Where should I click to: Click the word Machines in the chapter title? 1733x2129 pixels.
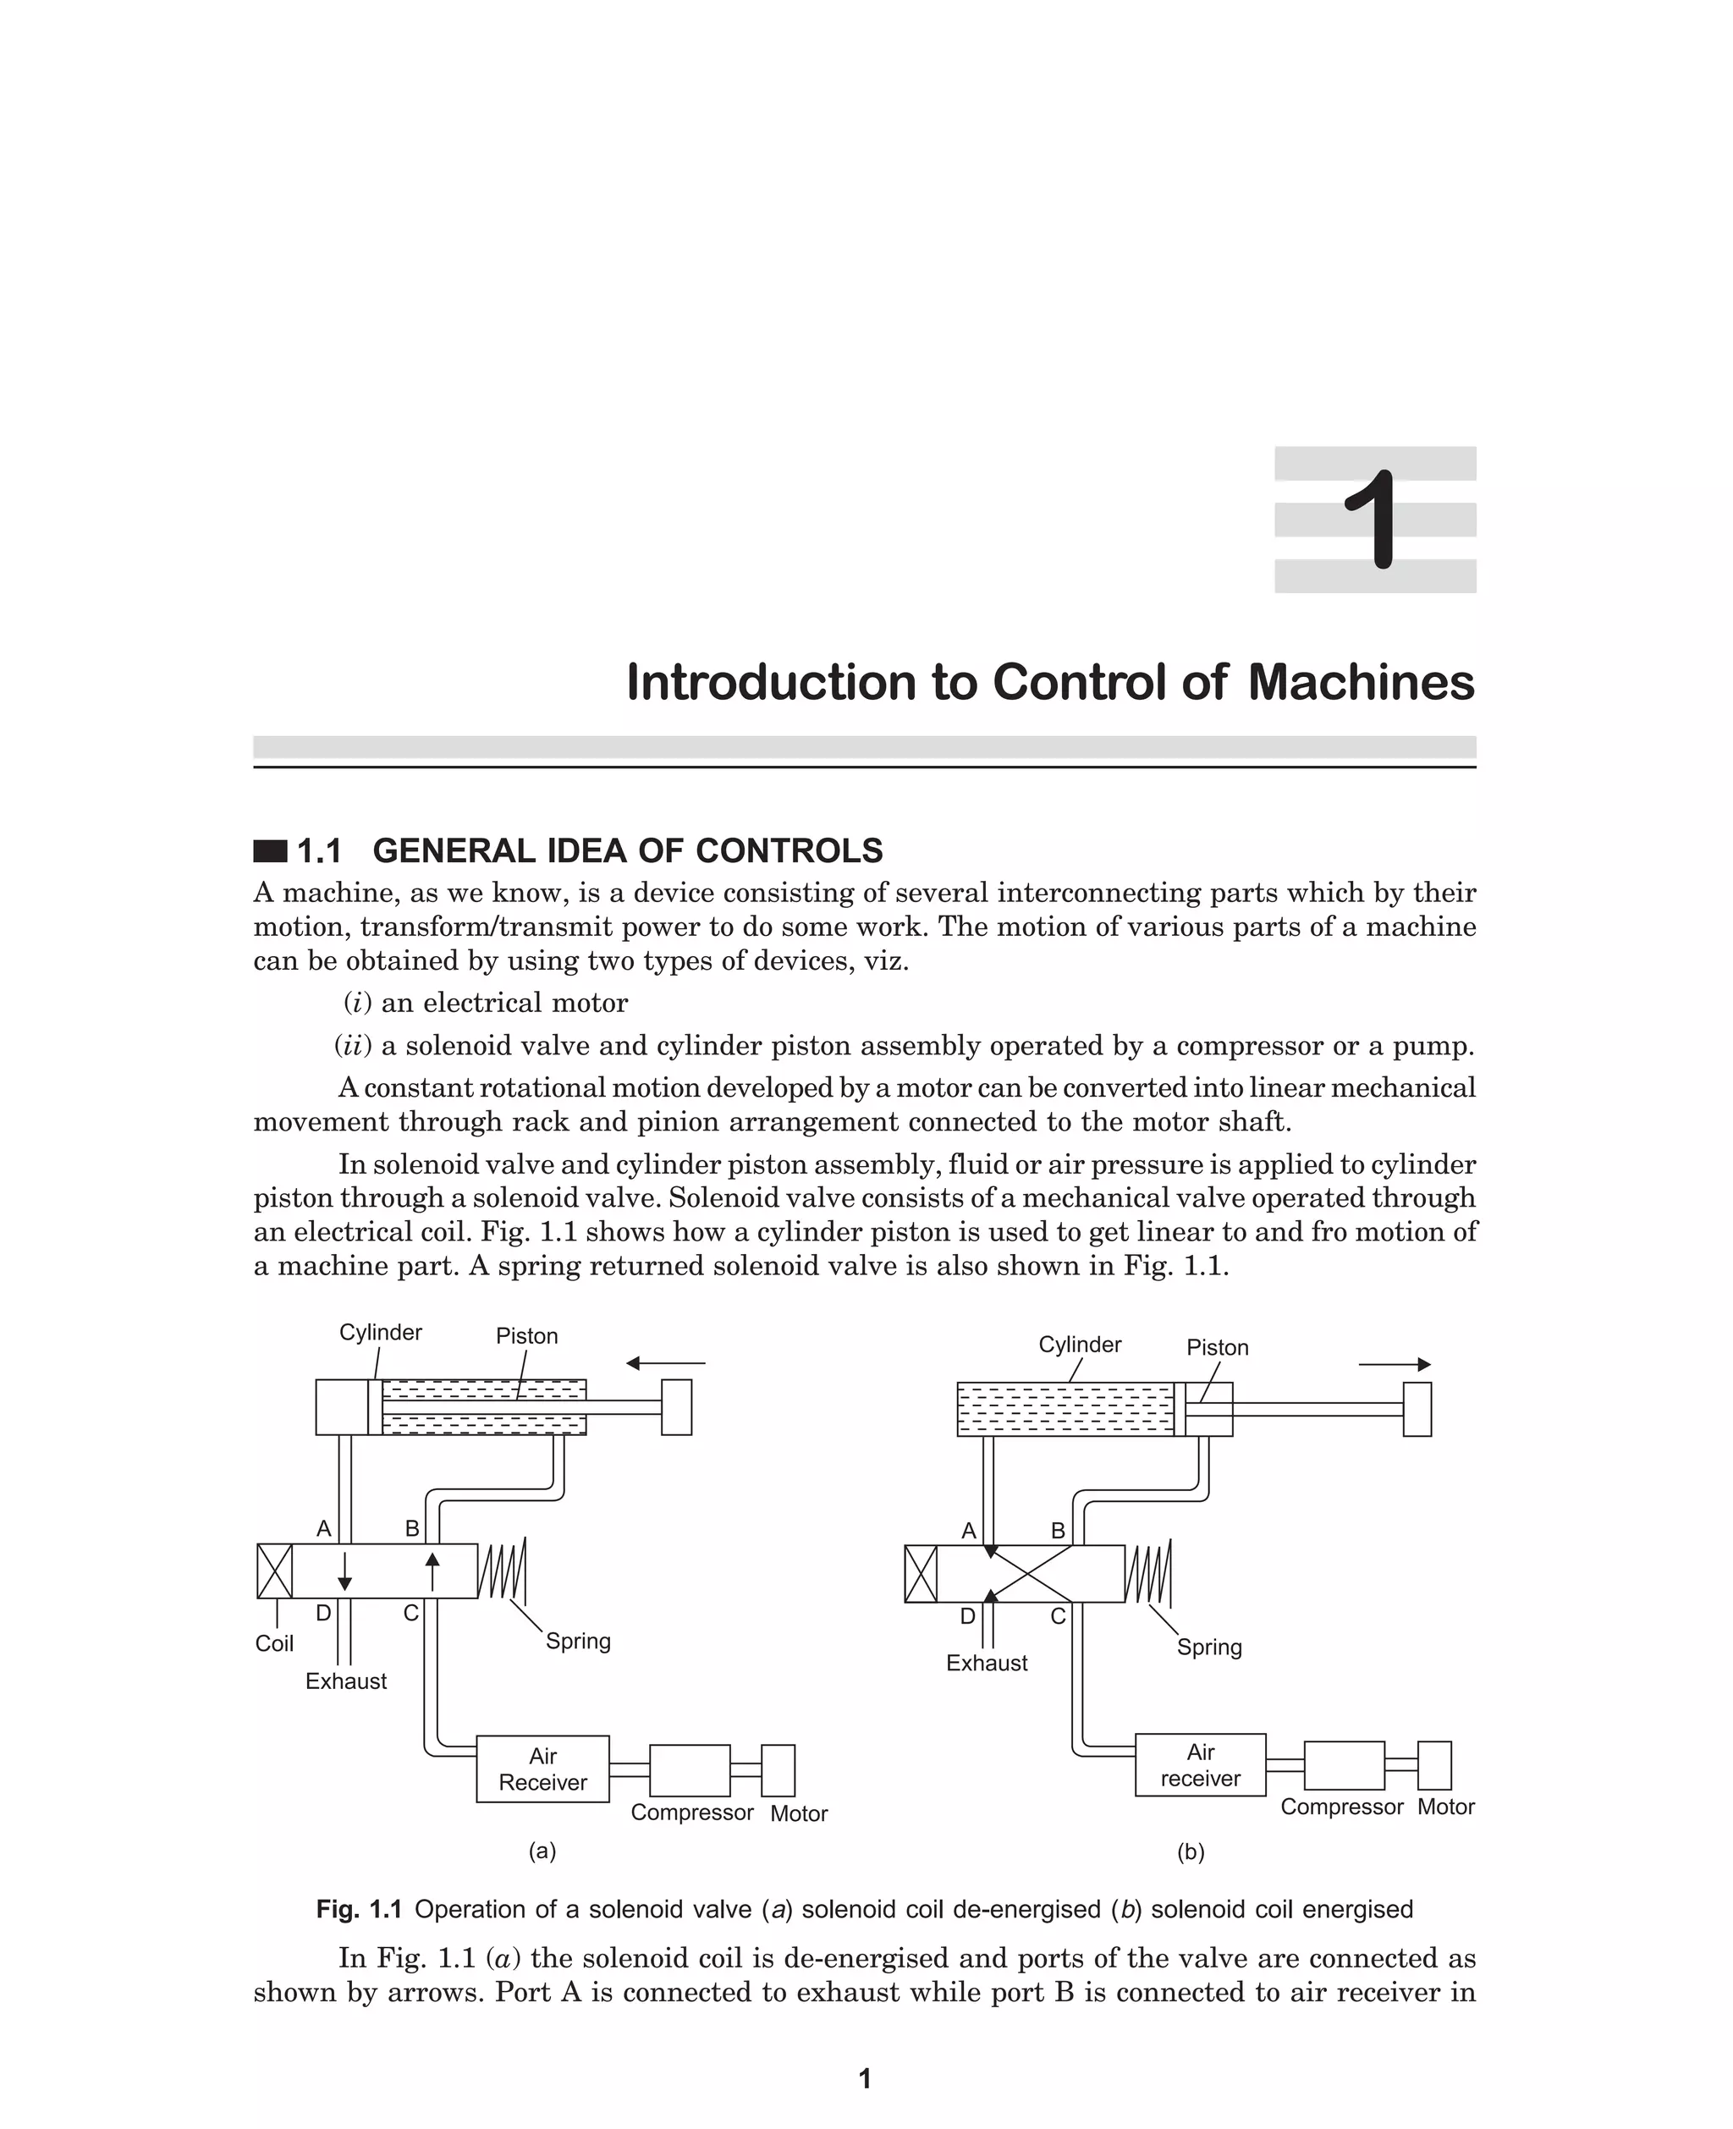tap(1361, 683)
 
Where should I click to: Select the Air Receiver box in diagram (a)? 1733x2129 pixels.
tap(542, 1769)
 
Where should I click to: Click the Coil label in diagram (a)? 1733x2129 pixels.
tap(273, 1644)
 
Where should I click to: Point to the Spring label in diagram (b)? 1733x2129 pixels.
tap(1209, 1647)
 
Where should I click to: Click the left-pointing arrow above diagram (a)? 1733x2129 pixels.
tap(665, 1362)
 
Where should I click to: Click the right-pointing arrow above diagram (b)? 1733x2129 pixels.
tap(1395, 1364)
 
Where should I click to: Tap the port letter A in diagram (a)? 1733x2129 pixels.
tap(323, 1528)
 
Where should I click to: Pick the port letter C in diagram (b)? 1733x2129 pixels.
tap(1059, 1616)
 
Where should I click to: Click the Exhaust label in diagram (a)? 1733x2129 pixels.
tap(345, 1681)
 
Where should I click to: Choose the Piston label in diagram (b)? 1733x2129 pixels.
tap(1217, 1347)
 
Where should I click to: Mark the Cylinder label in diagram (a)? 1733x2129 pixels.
tap(380, 1333)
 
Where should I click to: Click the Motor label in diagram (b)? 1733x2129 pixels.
tap(1445, 1807)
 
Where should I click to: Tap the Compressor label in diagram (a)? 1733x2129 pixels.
tap(692, 1812)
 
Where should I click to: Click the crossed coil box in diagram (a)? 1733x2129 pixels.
tap(274, 1571)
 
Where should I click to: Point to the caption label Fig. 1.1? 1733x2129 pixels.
tap(359, 1909)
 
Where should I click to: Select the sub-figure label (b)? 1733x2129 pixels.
tap(1190, 1852)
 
